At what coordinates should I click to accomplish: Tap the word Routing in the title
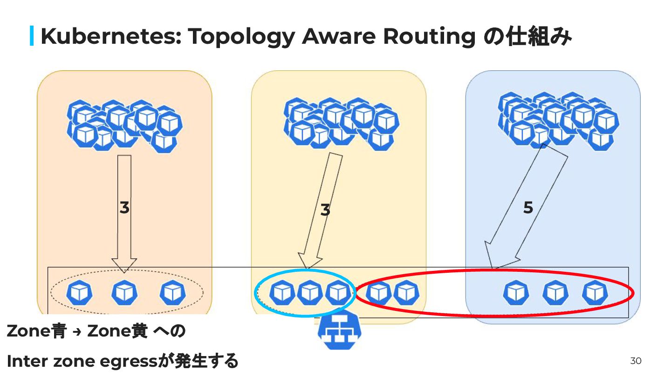click(428, 36)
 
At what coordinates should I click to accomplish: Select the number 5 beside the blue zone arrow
click(527, 208)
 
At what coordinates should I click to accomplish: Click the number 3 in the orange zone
click(124, 208)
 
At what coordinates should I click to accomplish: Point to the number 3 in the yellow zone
click(325, 210)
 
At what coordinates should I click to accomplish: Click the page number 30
click(636, 361)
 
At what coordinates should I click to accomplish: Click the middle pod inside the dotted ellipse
click(124, 293)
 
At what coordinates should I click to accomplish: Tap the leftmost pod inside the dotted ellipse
click(79, 293)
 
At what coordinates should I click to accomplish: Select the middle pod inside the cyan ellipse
click(310, 293)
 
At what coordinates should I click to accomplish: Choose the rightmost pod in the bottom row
click(595, 293)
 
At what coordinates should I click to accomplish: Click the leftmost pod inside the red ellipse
click(378, 293)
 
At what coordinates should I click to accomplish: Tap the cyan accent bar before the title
click(32, 36)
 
